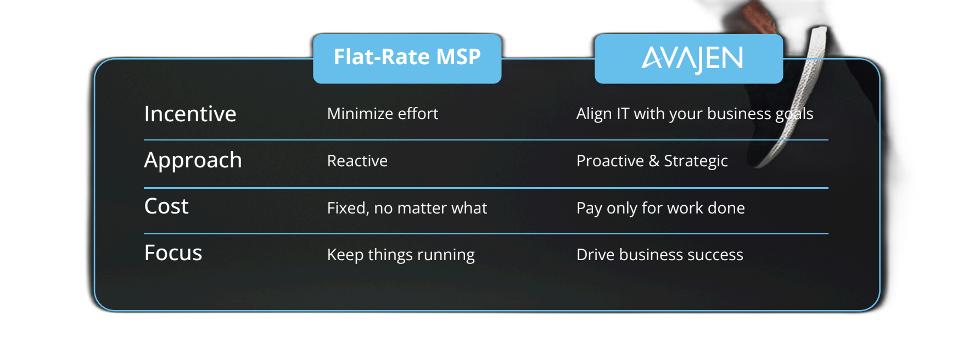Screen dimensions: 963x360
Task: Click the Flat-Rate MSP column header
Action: pyautogui.click(x=407, y=57)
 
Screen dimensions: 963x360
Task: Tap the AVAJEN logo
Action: pyautogui.click(x=692, y=59)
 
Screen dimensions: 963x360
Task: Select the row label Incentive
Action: pyautogui.click(x=190, y=114)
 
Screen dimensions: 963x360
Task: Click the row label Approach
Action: pyautogui.click(x=193, y=161)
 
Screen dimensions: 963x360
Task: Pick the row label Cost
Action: pyautogui.click(x=166, y=206)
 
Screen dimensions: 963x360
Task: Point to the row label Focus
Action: pyautogui.click(x=173, y=253)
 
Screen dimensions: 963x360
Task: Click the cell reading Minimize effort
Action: pyautogui.click(x=383, y=114)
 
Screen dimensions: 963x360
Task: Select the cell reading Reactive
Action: pyautogui.click(x=357, y=161)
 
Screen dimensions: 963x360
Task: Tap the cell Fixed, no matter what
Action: pyautogui.click(x=407, y=208)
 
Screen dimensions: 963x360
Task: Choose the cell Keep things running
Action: pyautogui.click(x=401, y=255)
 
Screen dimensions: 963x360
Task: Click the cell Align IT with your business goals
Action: pyautogui.click(x=695, y=114)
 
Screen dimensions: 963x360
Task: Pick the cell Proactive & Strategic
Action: pyautogui.click(x=652, y=161)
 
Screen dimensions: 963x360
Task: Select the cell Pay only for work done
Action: pyautogui.click(x=660, y=209)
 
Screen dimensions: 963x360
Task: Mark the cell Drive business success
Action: pyautogui.click(x=660, y=255)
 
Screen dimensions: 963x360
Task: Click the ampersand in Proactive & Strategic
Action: pyautogui.click(x=654, y=161)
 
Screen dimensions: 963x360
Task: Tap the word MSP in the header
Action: pyautogui.click(x=458, y=57)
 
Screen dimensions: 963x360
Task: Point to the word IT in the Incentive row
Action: pyautogui.click(x=623, y=114)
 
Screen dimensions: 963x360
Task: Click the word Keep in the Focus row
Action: pyautogui.click(x=345, y=255)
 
